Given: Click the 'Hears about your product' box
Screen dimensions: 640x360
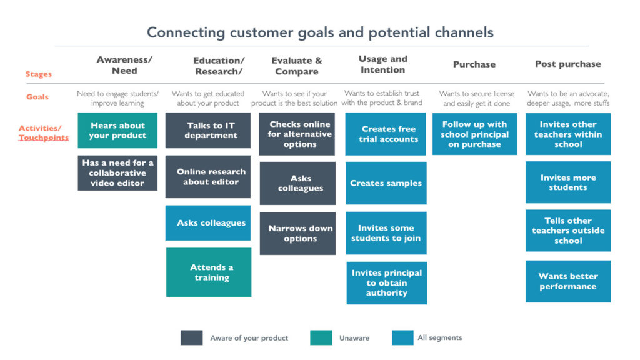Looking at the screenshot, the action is tap(117, 130).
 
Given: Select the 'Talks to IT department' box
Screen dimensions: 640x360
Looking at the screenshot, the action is tap(208, 130).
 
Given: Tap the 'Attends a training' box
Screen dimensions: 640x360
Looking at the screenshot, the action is tap(209, 272).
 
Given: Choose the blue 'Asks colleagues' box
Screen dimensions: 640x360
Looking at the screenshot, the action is tap(208, 223).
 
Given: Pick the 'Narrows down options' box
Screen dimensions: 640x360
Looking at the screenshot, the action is tap(297, 234).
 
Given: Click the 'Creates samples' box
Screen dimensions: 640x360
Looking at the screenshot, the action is tap(386, 183).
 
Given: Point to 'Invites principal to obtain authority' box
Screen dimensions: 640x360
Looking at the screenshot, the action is tap(386, 283).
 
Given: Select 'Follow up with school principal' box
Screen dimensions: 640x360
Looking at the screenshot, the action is tap(475, 134).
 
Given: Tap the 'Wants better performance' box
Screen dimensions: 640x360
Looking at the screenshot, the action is tap(568, 281).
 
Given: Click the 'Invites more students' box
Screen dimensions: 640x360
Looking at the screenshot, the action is tap(568, 182).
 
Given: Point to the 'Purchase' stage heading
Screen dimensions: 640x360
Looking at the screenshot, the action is tap(474, 64).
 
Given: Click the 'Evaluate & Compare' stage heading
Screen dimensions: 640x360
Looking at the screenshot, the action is tap(297, 66).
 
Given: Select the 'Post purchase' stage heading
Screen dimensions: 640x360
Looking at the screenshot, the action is tap(568, 64).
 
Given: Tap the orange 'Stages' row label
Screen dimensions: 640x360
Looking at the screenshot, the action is tap(38, 74).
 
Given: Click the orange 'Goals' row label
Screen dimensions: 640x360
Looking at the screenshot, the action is tap(37, 97).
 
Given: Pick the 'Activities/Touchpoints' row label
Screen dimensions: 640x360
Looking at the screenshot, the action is tap(43, 132).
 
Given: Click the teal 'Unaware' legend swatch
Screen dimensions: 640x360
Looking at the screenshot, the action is tap(321, 338).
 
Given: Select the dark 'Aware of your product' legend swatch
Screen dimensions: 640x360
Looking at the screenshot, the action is tap(191, 338).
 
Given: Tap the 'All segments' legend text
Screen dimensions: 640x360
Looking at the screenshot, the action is tap(439, 337).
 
